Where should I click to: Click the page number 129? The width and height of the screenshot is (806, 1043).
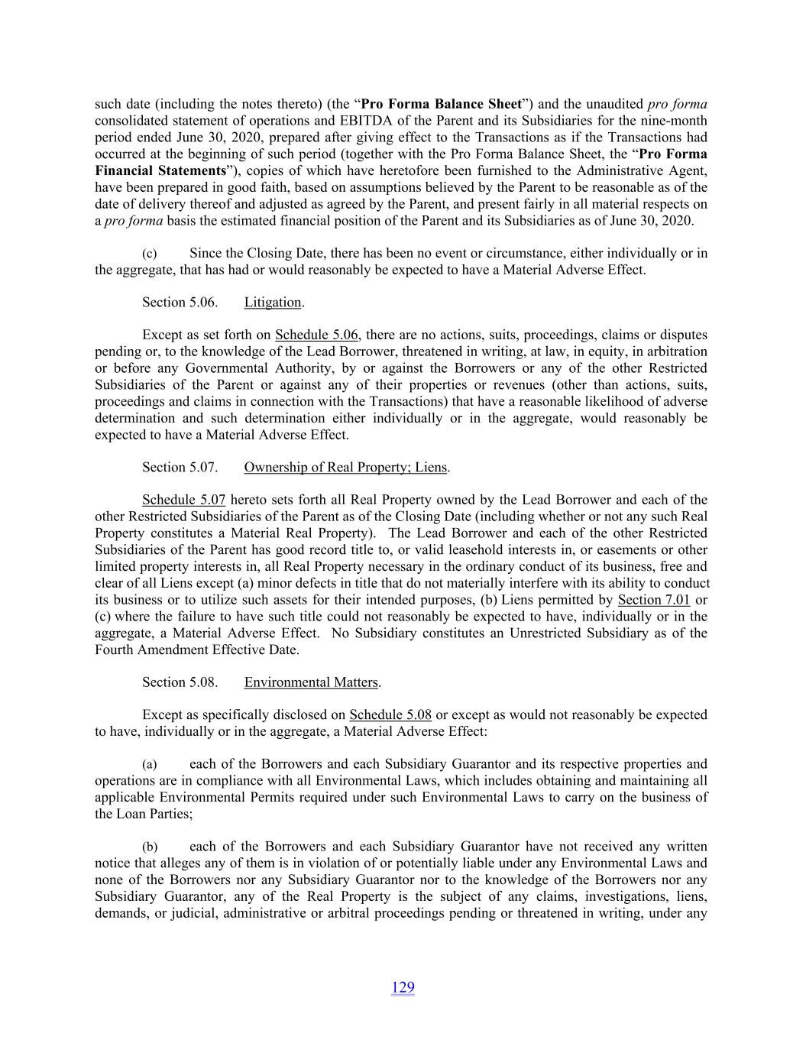pyautogui.click(x=403, y=987)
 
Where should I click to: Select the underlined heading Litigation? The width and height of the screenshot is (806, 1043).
pyautogui.click(x=273, y=303)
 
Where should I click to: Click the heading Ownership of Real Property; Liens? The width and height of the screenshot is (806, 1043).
pyautogui.click(x=345, y=468)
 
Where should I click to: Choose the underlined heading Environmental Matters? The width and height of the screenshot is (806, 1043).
pyautogui.click(x=311, y=682)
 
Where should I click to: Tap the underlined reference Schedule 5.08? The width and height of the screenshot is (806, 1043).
pyautogui.click(x=390, y=715)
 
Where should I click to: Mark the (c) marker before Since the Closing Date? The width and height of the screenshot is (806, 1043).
pyautogui.click(x=150, y=254)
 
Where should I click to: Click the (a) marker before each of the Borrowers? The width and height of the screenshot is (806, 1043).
pyautogui.click(x=150, y=764)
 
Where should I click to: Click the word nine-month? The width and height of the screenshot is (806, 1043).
pyautogui.click(x=675, y=121)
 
